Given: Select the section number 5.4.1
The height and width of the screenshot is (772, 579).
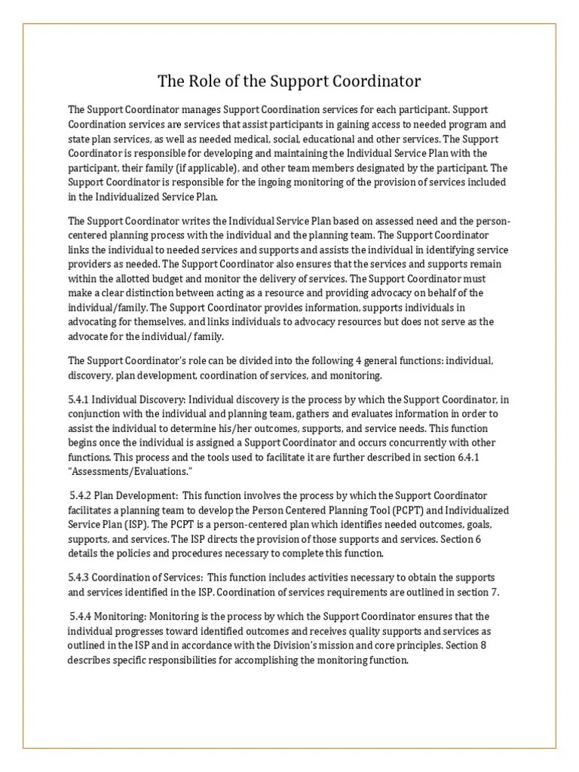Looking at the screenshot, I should point(81,399).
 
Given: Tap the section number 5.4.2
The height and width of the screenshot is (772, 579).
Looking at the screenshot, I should point(84,495).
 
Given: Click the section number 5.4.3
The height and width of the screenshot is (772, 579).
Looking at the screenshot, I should point(81,577).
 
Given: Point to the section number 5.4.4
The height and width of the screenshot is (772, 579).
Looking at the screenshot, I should point(84,617).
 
